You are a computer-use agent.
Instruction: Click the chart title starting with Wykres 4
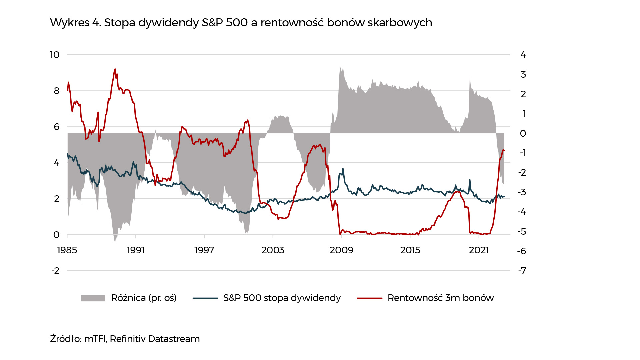tap(241, 23)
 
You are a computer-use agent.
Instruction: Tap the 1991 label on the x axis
tap(136, 250)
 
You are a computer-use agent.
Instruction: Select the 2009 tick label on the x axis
tap(341, 250)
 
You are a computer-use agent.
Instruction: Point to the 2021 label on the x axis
tap(479, 250)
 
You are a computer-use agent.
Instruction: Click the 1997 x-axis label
tap(204, 250)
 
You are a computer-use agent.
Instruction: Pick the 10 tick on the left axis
tap(55, 55)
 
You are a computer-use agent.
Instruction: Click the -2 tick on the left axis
tap(55, 271)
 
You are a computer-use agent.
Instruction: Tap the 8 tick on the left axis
tap(57, 91)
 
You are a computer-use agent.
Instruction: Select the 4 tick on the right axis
tap(523, 55)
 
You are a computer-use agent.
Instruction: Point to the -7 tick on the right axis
tap(522, 271)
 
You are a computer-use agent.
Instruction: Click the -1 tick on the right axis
tap(523, 153)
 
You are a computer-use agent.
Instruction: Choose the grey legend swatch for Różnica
tap(93, 298)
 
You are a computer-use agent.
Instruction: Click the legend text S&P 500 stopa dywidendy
tap(282, 298)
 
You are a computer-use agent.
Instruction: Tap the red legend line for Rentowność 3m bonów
tap(369, 298)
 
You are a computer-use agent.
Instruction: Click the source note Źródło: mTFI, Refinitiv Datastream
tap(125, 339)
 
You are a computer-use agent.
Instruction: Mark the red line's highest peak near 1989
tap(115, 69)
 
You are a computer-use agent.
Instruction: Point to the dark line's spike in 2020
tap(470, 180)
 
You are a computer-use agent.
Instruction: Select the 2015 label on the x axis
tap(410, 250)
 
